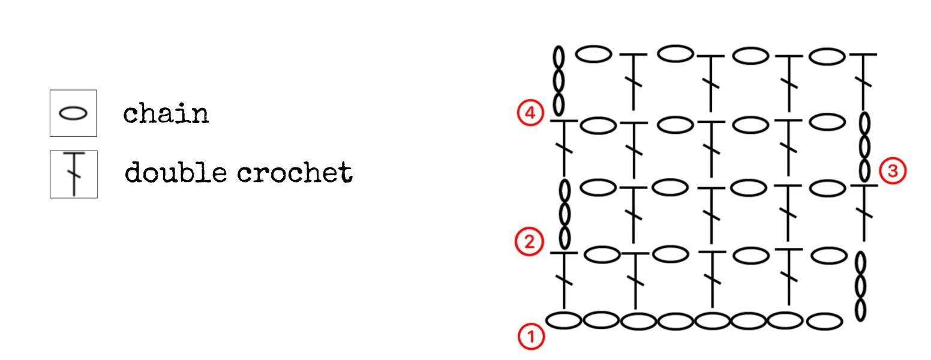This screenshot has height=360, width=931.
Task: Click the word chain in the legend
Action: click(166, 113)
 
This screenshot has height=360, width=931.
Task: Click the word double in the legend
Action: click(176, 172)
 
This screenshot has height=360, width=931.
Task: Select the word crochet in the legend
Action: click(295, 173)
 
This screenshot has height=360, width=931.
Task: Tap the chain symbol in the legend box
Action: click(73, 113)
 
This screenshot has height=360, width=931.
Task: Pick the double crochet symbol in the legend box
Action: click(74, 174)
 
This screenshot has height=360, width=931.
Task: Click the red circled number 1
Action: click(531, 337)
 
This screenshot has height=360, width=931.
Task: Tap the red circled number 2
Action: click(529, 242)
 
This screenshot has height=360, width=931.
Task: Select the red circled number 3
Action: click(893, 170)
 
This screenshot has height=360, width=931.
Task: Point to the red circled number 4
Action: click(530, 113)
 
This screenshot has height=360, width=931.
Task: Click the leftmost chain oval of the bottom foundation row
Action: click(564, 320)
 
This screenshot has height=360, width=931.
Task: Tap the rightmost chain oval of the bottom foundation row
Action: click(825, 322)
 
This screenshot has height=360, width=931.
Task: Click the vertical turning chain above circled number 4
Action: click(558, 80)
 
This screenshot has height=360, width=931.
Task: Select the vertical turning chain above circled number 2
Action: click(564, 215)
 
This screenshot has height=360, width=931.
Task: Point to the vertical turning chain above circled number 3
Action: click(864, 147)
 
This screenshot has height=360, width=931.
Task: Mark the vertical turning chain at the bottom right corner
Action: click(860, 286)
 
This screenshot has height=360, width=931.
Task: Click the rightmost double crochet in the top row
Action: click(863, 82)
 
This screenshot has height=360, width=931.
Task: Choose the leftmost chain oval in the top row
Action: click(594, 54)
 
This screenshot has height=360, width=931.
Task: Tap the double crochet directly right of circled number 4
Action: click(564, 148)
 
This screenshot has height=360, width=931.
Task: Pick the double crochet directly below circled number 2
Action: click(564, 280)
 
